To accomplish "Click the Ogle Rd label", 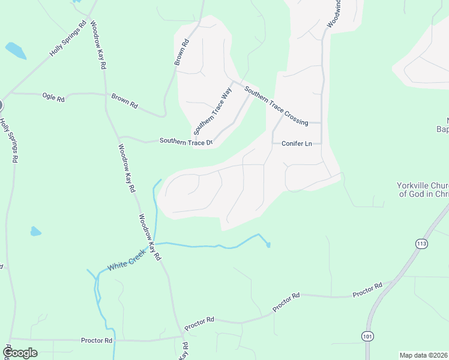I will pos(53,97).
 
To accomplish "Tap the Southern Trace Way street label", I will pos(213,112).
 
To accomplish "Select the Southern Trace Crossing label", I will pos(276,104).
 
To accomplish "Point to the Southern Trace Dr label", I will pos(186,142).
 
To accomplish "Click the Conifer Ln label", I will pos(297,143).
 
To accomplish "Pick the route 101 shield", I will pos(367,336).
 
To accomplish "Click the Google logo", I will pos(20,353).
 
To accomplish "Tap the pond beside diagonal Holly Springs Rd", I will pos(16,50).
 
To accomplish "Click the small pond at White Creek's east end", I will pos(268,244).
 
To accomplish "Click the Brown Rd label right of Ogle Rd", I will pos(125,100).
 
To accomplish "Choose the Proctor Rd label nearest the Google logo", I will pos(97,340).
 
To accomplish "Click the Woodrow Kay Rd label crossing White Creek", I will pos(150,237).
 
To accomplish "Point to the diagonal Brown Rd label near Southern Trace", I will pos(181,52).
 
